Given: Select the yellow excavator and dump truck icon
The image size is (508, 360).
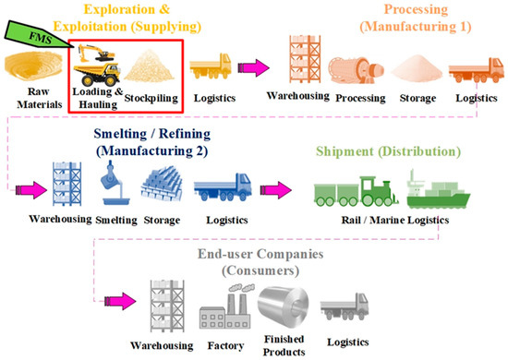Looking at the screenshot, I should [96, 62].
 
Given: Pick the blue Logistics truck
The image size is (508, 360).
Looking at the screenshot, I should [224, 182].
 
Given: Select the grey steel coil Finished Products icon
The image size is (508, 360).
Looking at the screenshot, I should [282, 304].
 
